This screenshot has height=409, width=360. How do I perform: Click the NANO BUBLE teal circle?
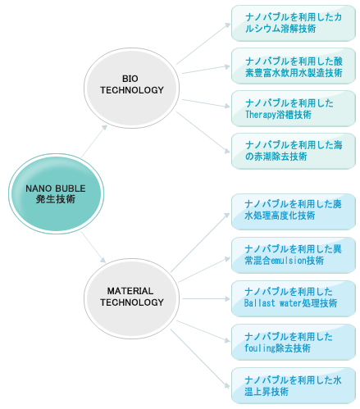click(x=56, y=193)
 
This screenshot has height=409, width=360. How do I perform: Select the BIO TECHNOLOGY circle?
click(x=131, y=88)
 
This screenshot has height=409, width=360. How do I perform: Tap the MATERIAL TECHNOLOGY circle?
click(x=131, y=298)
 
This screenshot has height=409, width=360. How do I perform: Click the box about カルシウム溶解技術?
click(x=294, y=23)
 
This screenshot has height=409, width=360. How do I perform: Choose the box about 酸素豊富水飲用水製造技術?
click(x=294, y=66)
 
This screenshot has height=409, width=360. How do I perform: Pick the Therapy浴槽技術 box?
click(x=294, y=109)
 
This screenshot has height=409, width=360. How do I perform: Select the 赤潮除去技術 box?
click(x=294, y=151)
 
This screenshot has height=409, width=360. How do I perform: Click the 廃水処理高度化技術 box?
click(x=294, y=211)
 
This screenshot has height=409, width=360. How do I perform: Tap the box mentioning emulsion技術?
click(x=294, y=255)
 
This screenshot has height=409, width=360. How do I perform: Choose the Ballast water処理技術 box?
click(x=294, y=298)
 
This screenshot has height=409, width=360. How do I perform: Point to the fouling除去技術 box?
click(x=294, y=342)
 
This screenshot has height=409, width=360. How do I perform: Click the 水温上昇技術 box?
click(x=294, y=385)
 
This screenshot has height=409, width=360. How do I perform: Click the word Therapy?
click(x=261, y=115)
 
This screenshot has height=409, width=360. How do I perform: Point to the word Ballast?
click(x=259, y=303)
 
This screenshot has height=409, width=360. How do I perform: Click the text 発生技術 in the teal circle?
click(x=56, y=199)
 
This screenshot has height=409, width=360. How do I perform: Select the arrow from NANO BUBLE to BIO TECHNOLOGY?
click(x=93, y=141)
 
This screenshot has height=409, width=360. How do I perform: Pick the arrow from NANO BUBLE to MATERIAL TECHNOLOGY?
click(x=93, y=248)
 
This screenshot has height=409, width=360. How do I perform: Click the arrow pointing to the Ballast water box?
click(x=206, y=298)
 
